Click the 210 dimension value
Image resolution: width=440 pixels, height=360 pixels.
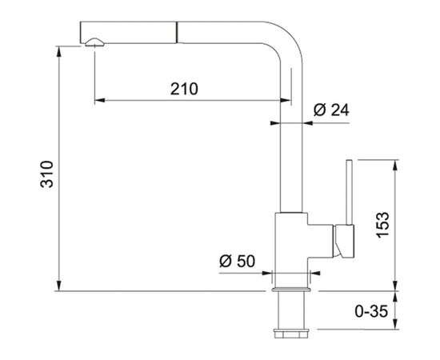tap(184, 89)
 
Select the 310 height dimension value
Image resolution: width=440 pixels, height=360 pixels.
tap(47, 174)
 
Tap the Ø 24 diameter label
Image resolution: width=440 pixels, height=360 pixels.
tap(331, 110)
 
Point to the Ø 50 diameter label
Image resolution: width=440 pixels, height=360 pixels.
tap(237, 261)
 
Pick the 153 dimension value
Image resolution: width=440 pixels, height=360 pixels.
tap(382, 225)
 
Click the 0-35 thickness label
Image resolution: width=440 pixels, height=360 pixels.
tap(371, 311)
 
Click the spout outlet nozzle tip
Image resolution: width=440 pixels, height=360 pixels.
tap(94, 42)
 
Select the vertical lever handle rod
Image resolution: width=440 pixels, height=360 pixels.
tap(350, 193)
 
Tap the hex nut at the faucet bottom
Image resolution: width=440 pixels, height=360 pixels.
tap(291, 334)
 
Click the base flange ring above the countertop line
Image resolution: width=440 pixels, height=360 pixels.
tap(291, 290)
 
